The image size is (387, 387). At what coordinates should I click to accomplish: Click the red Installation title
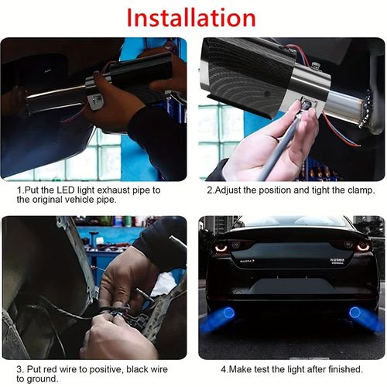pyautogui.click(x=191, y=16)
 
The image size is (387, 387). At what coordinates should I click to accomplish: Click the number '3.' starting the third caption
pyautogui.click(x=20, y=368)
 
